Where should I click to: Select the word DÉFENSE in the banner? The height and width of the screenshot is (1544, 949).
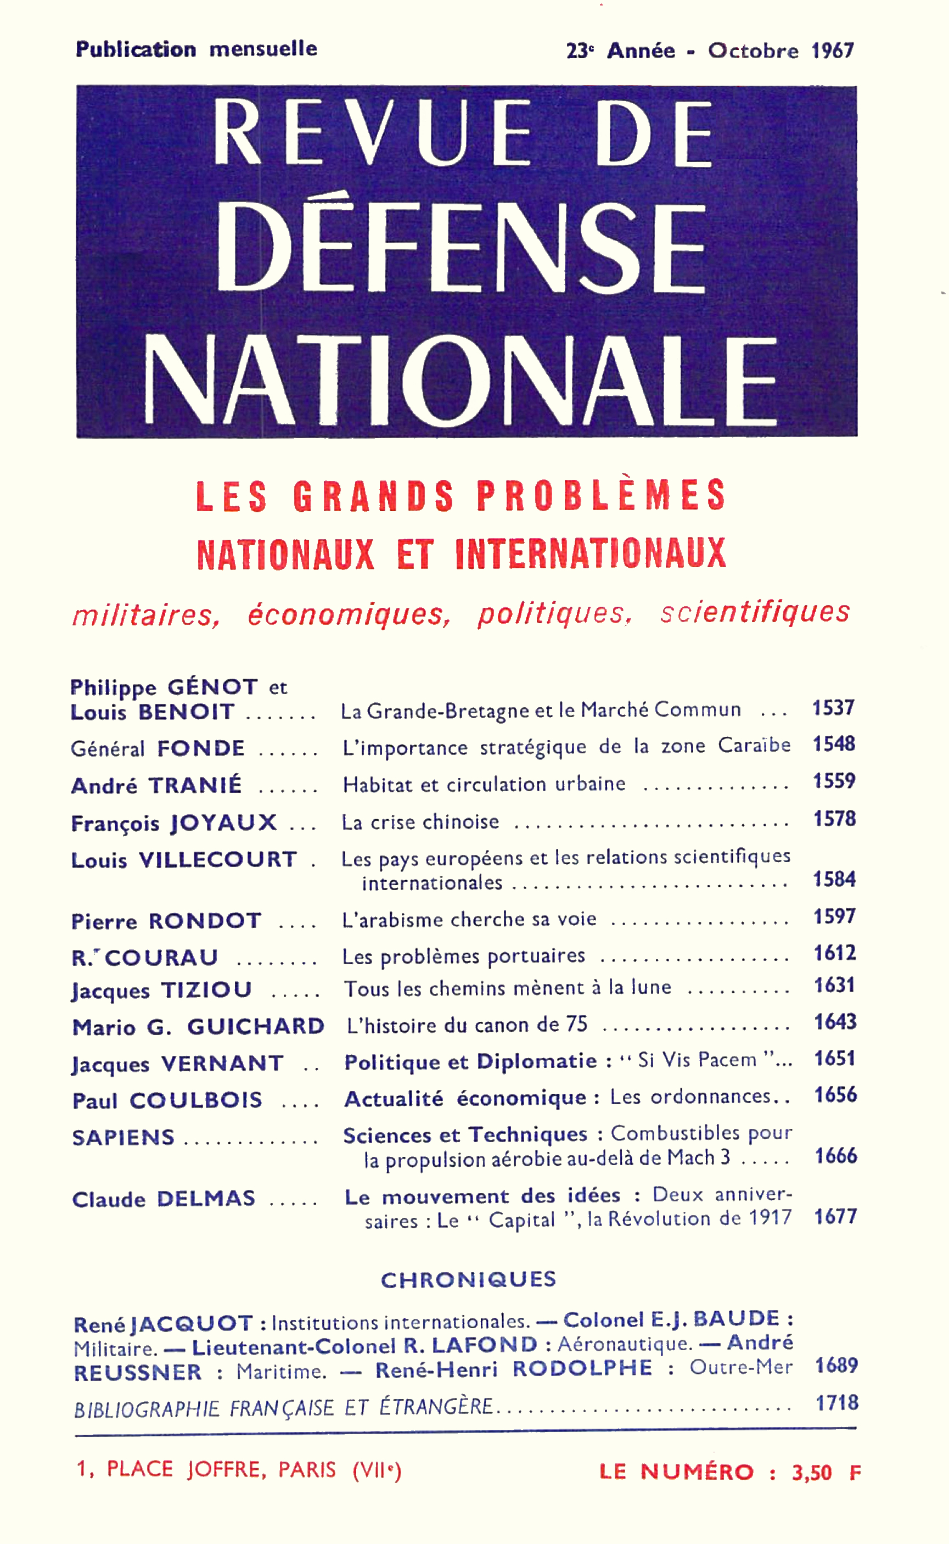(x=461, y=249)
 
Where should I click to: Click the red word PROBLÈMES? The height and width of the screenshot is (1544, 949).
(x=601, y=495)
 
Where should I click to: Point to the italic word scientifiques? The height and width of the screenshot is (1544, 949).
(x=755, y=612)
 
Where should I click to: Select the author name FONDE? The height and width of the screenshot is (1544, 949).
(x=201, y=748)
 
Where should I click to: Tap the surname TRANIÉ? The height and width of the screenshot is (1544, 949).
(x=195, y=786)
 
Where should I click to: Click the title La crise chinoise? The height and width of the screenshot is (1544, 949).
(x=420, y=822)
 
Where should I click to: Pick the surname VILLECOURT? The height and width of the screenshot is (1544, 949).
(x=218, y=860)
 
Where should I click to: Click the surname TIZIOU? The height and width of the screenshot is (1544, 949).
(x=206, y=990)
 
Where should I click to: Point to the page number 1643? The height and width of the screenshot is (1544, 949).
(x=835, y=1022)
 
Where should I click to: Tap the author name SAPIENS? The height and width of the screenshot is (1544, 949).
(x=123, y=1138)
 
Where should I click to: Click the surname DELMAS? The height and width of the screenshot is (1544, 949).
(x=206, y=1199)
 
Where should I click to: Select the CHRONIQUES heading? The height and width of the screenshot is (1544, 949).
(x=468, y=1279)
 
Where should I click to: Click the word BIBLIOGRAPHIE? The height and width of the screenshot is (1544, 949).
(x=147, y=1409)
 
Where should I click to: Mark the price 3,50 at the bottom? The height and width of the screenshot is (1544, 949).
(x=812, y=1473)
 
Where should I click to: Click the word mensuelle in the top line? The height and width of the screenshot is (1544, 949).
(x=263, y=49)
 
